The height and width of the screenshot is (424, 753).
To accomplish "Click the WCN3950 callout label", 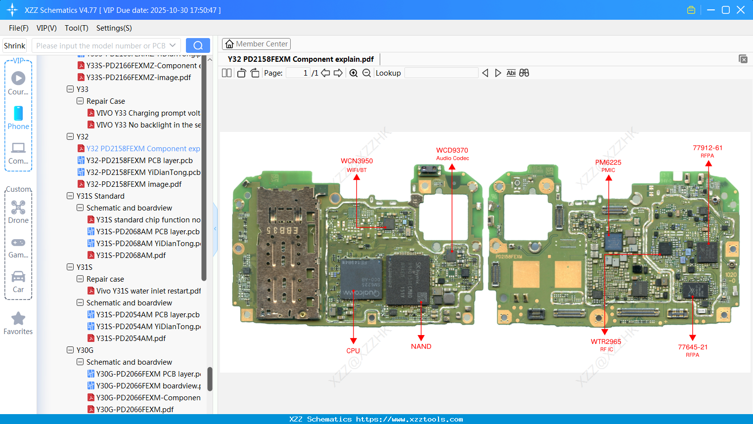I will coord(356,161).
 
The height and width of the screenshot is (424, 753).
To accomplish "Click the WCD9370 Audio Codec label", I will coord(452,151).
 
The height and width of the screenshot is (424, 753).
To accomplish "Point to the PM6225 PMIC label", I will coord(608,163).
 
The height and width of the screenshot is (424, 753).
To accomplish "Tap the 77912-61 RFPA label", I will coord(708,148).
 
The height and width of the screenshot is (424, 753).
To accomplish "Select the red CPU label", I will coord(353,351).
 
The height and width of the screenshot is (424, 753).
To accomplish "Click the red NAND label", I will coord(421,346).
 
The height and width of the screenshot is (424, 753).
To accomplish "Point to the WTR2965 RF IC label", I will coord(606,342).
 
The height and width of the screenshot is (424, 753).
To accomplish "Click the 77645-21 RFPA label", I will coord(693,347).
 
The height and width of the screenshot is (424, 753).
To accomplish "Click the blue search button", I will coord(198,45).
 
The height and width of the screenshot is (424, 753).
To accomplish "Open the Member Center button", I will coord(256,44).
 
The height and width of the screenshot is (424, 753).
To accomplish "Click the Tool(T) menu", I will coord(76,28).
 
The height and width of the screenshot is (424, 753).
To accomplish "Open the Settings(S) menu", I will coord(114,28).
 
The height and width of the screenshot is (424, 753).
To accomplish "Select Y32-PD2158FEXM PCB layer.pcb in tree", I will coord(139,161).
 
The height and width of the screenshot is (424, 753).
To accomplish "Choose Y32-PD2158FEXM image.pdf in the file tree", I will coord(134,184).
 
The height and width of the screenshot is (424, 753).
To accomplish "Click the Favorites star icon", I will coord(18,319).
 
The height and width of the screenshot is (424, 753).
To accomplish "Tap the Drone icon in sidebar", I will coord(18,208).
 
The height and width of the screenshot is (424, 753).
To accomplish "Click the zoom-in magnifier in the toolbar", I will coord(354,73).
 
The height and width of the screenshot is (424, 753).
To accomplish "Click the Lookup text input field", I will coord(441,73).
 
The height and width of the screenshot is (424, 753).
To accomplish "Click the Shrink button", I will coord(15,46).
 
